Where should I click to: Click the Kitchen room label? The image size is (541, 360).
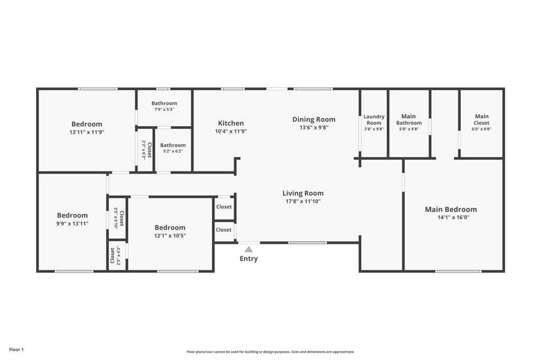coord(231,123)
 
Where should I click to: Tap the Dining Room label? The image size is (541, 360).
coord(314,120)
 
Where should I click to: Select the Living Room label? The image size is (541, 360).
coord(303,193)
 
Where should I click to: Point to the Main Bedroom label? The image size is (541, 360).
coord(451,210)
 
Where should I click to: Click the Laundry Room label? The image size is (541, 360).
coord(374,120)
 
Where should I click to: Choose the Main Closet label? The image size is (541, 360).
coord(482,120)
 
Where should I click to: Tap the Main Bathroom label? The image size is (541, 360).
coord(409,120)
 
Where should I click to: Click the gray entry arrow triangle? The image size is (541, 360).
coord(249,249)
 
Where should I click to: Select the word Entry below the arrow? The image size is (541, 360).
coord(249,259)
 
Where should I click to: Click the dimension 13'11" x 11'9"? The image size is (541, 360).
coord(87,132)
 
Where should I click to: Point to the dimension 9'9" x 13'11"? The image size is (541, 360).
coord(72,223)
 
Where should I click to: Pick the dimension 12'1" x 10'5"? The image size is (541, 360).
coord(170,236)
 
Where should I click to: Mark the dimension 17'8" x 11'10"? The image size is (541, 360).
coord(303,202)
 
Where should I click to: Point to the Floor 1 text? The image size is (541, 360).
coord(16,349)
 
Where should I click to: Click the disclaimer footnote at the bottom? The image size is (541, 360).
coord(270,352)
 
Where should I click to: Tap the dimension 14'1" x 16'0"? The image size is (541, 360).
coord(453,217)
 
